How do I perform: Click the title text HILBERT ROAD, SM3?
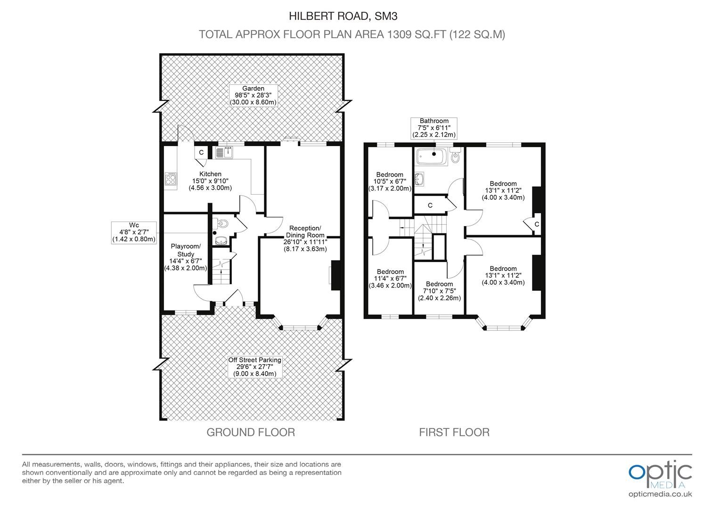tap(343, 16)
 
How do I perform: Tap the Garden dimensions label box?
tap(254, 96)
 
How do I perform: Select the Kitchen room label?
tap(210, 181)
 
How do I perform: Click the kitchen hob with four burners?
tap(171, 179)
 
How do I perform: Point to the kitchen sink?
tap(224, 152)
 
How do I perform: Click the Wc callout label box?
tap(134, 232)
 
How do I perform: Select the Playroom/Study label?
tap(186, 257)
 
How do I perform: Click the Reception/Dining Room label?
tap(305, 238)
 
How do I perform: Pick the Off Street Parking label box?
tap(255, 367)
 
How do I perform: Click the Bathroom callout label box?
tap(434, 128)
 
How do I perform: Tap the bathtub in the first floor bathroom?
tap(432, 156)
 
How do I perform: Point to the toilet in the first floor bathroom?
tap(456, 156)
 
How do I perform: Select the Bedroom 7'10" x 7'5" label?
tap(439, 291)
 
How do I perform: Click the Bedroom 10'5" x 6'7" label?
tap(390, 181)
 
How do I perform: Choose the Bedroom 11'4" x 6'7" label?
tap(390, 279)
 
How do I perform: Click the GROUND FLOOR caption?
tap(251, 433)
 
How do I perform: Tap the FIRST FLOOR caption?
tap(454, 433)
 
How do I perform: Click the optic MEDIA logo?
tap(660, 475)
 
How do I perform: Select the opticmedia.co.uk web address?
tap(660, 494)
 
